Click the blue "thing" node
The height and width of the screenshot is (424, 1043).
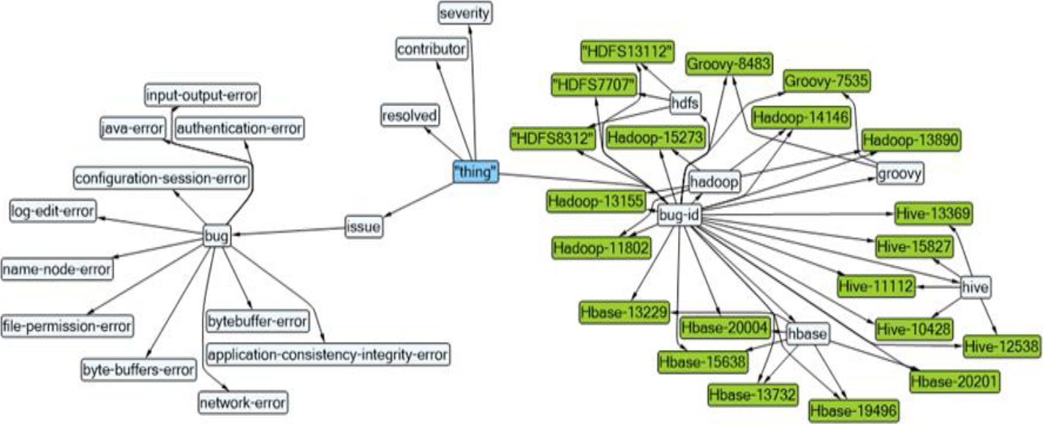point(475,173)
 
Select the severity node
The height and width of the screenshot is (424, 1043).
point(464,12)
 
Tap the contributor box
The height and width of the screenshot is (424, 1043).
point(432,50)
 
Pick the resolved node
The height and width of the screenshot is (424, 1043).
point(410,116)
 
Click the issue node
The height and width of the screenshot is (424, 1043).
point(364,227)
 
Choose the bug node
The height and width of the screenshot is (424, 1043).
point(216,237)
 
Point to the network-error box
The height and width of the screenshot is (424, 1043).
point(243,402)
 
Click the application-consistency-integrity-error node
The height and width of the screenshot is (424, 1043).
point(327,355)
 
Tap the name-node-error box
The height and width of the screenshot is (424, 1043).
point(57,269)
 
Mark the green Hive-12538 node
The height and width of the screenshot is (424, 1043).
point(1001,345)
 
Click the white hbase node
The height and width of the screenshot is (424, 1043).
point(807,334)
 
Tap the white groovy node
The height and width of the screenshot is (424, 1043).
point(900,174)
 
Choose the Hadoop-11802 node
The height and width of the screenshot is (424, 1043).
point(600,248)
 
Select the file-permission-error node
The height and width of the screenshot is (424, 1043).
point(67,325)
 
